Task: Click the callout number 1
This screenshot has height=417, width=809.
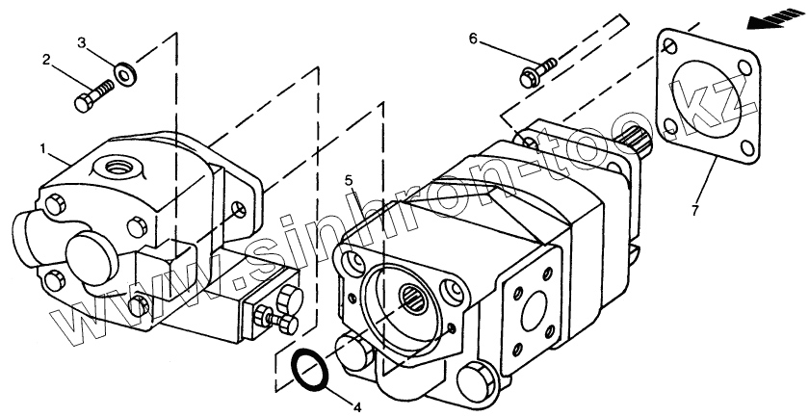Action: click(43, 150)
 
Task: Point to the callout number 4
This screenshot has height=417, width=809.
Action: click(357, 407)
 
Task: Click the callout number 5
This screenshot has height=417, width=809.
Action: click(349, 180)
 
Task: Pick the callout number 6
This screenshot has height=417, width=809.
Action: click(473, 39)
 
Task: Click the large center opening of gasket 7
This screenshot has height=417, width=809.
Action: click(707, 99)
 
